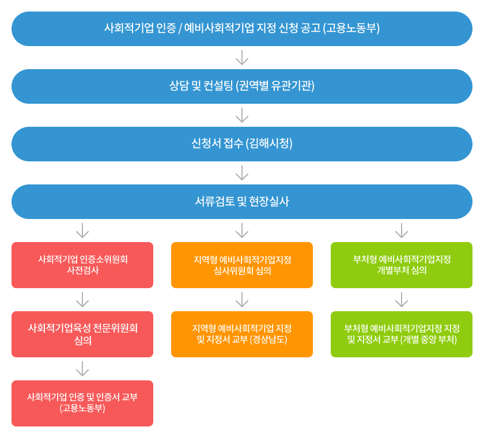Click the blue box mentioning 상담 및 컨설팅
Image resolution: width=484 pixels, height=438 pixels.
[x=242, y=86]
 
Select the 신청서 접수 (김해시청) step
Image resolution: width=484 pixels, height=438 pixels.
[x=242, y=144]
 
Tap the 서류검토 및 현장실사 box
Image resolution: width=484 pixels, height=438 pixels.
[x=242, y=202]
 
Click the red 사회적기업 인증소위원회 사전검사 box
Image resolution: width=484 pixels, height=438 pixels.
[x=82, y=265]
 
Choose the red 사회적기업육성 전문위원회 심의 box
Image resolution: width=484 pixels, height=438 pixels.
[x=82, y=334]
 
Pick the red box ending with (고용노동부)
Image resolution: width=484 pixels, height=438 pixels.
[x=82, y=403]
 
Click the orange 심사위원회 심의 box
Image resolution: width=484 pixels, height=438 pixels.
[x=242, y=265]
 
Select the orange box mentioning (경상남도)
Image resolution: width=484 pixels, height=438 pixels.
[x=242, y=334]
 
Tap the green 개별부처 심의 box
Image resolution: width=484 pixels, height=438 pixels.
[x=402, y=265]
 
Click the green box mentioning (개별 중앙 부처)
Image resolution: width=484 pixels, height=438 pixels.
[x=402, y=334]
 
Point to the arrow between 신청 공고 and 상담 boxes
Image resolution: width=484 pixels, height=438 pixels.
[x=242, y=58]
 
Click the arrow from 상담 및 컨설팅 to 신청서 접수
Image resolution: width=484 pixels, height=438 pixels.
[x=242, y=115]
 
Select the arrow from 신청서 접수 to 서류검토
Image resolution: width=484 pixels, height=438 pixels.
[x=242, y=173]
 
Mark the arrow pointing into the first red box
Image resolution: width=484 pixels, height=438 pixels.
[x=82, y=231]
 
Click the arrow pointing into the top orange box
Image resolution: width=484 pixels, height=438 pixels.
[x=242, y=231]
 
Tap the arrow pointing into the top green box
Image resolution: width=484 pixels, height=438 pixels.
[x=402, y=231]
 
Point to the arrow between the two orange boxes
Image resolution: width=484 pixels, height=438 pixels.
[x=242, y=300]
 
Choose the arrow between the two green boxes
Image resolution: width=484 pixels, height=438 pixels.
[x=402, y=300]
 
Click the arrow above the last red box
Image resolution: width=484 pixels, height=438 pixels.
[x=82, y=369]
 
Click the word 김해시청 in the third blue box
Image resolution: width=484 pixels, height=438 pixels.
[x=269, y=144]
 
